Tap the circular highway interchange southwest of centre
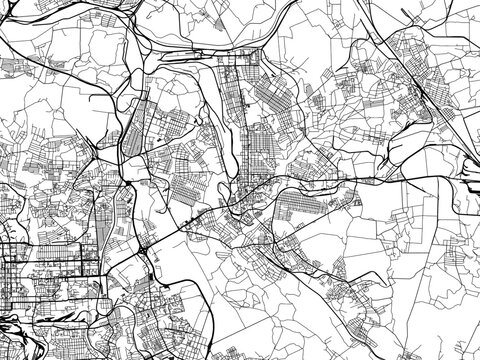tap(148, 250)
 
